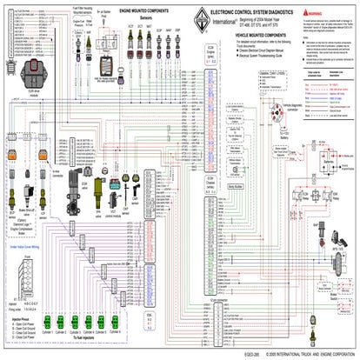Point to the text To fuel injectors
pos(99,345)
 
